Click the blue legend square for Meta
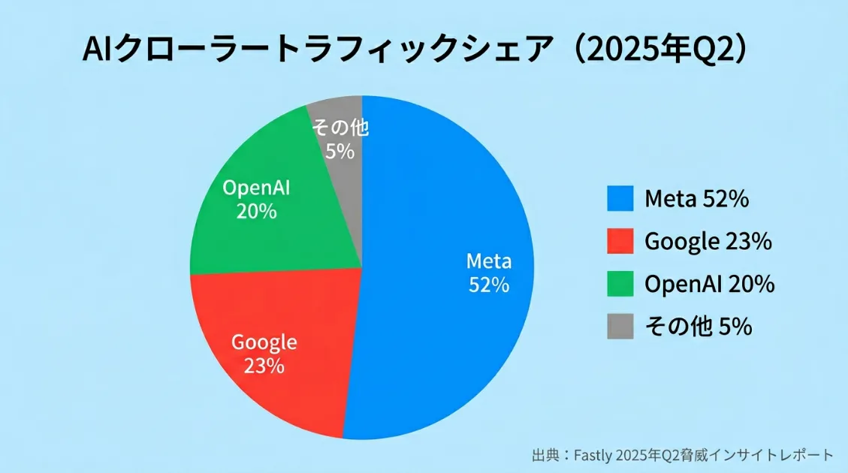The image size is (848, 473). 620,199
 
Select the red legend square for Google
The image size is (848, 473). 620,242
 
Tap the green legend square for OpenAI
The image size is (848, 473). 620,285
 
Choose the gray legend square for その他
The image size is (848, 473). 620,327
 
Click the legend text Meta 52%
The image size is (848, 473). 696,199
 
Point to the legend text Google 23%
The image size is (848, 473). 708,242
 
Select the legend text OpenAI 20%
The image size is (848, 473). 709,285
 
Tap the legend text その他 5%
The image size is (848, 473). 698,327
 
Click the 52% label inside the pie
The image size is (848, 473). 489,285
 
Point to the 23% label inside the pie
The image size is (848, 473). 264,366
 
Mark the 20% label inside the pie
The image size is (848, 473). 256,212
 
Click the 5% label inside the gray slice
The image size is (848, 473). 340,152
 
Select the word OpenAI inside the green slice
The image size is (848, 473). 256,188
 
